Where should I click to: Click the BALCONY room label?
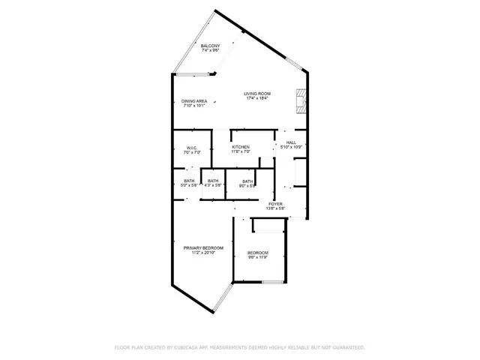coord(210,46)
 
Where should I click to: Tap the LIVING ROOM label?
coord(257,94)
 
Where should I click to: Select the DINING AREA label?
coord(194,101)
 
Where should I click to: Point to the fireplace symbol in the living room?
coord(300,99)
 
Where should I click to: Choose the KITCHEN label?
coord(241,147)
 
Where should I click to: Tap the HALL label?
coord(291,142)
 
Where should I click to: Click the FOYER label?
coord(276,203)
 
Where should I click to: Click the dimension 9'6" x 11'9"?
coord(258,258)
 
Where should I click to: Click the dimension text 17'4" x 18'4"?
coord(257,98)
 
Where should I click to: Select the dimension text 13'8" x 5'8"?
coord(276,208)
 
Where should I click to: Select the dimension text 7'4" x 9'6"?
coord(210,51)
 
